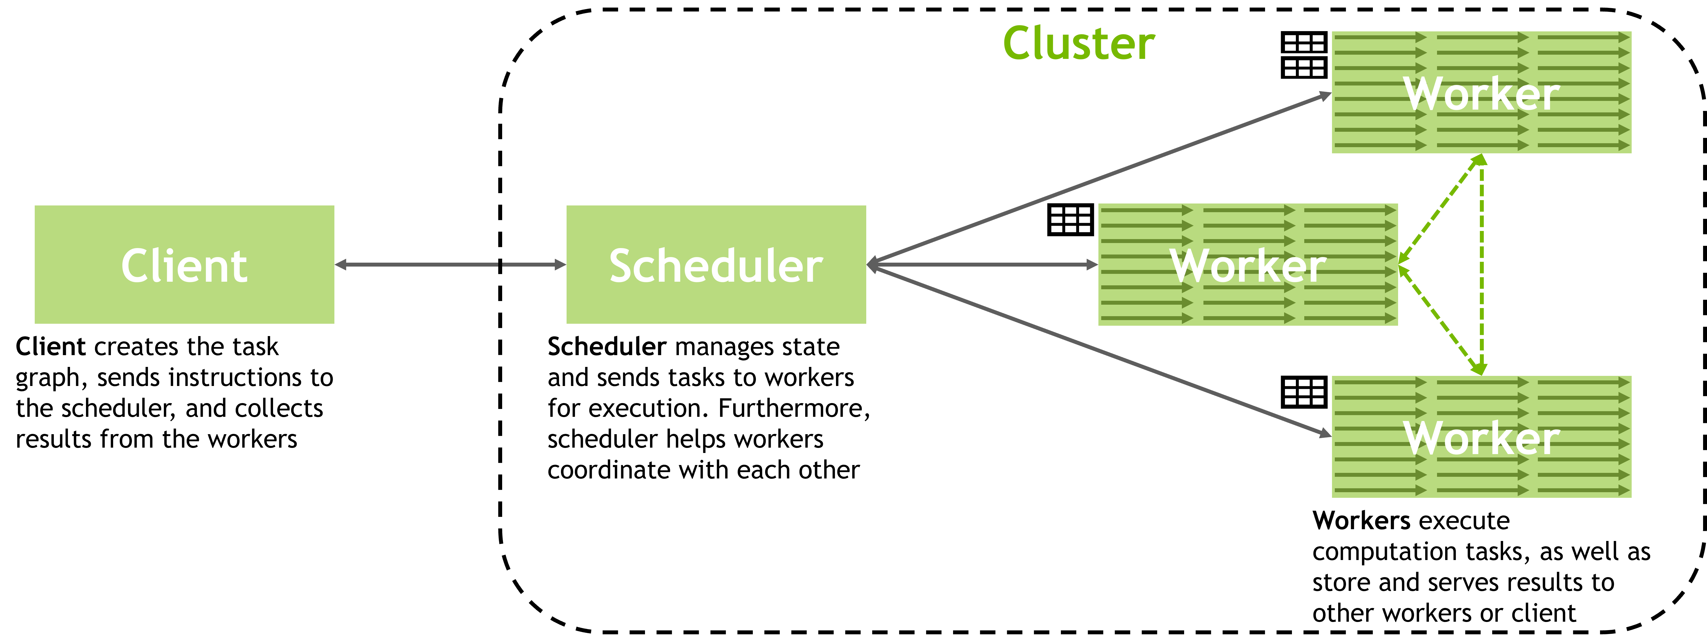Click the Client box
click(184, 265)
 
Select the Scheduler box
click(716, 265)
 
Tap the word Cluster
click(1079, 44)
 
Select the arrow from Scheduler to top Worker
click(1100, 178)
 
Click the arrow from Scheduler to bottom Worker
click(1100, 351)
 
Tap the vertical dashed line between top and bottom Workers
click(1482, 265)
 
